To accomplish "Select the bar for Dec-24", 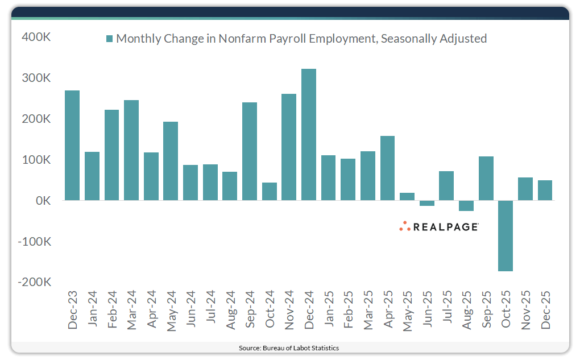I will (x=309, y=135).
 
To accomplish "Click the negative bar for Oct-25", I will (x=506, y=236).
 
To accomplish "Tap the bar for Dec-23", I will (x=72, y=146).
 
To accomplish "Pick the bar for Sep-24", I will (x=250, y=151).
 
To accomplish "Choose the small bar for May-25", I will (x=407, y=197).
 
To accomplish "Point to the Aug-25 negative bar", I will (x=466, y=206).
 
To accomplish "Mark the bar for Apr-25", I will (x=387, y=168).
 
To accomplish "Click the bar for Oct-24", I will (x=270, y=192).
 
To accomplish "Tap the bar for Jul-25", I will (x=446, y=186).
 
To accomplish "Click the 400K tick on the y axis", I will (x=36, y=37).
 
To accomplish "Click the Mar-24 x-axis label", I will (x=131, y=309).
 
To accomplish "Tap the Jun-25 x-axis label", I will (x=427, y=309).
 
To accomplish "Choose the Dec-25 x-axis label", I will (x=545, y=309).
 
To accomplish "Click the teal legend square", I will (x=109, y=39).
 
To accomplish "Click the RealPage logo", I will (x=438, y=226).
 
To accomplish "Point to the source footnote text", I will (x=290, y=347).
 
